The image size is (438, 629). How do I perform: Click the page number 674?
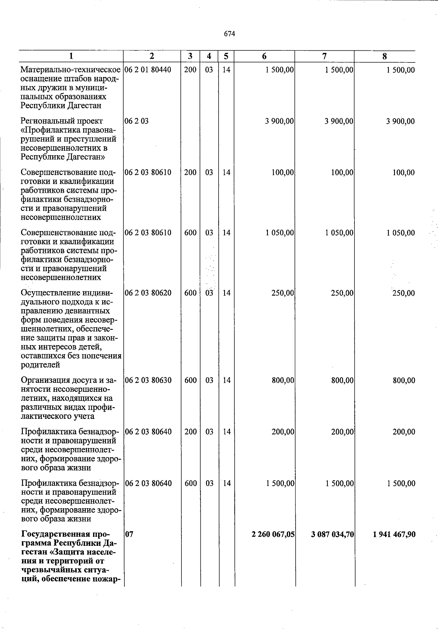point(229,34)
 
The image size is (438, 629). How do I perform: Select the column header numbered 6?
point(264,56)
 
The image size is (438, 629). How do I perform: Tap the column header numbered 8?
point(384,56)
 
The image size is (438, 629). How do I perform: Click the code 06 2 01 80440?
point(147,70)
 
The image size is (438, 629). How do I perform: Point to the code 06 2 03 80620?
point(148,293)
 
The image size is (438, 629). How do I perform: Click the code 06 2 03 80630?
point(148,381)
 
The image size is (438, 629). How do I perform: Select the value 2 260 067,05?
point(273,535)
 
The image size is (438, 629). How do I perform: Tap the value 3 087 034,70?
point(332,535)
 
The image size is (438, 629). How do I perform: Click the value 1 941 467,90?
point(394,535)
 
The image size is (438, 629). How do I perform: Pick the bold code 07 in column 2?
point(129,535)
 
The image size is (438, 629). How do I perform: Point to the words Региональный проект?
point(62,121)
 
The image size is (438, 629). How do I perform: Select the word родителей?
point(40,365)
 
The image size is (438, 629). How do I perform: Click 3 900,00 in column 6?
point(279,121)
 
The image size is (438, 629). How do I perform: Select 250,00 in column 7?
point(342,293)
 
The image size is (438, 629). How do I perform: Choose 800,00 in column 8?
point(404,381)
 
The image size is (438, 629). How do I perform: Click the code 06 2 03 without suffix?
point(137,121)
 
